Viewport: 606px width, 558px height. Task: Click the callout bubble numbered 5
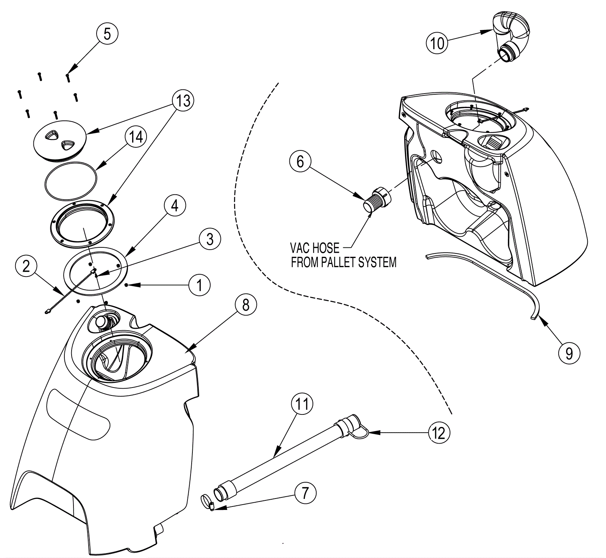coord(107,34)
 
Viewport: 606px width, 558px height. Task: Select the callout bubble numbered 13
coord(183,101)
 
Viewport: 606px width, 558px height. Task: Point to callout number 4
coord(175,206)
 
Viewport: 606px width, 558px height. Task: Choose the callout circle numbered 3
coord(210,239)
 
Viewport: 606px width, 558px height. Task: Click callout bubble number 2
coord(26,266)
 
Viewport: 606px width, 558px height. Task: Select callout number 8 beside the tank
coord(246,304)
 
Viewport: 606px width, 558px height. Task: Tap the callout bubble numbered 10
coord(437,42)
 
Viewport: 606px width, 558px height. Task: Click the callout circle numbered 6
coord(300,161)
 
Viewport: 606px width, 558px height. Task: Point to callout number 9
coord(569,353)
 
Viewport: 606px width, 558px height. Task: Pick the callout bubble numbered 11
coord(302,404)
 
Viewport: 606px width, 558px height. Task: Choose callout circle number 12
coord(439,433)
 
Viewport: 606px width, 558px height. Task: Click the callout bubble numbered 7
coord(305,493)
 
